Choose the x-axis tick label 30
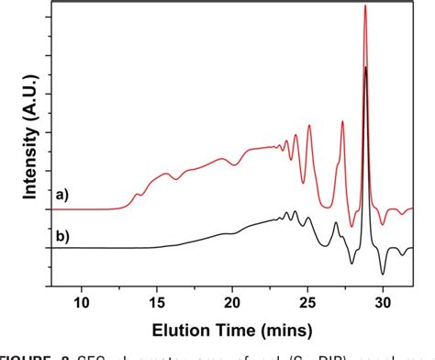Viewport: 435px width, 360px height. (383, 299)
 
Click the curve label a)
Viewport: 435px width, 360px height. (61, 194)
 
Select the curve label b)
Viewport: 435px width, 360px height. (61, 236)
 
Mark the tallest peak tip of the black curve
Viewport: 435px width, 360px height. (366, 67)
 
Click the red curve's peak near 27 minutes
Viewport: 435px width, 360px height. (342, 121)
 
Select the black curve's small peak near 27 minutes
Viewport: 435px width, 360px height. (336, 223)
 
